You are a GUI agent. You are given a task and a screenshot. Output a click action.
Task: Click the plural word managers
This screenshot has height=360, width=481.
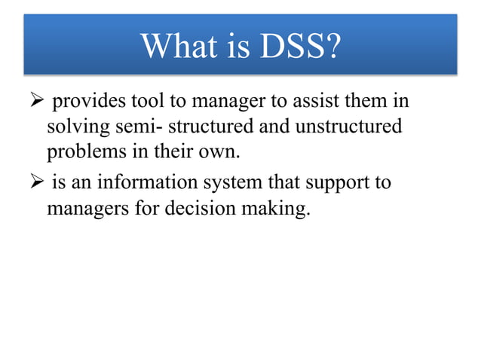[x=84, y=209]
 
